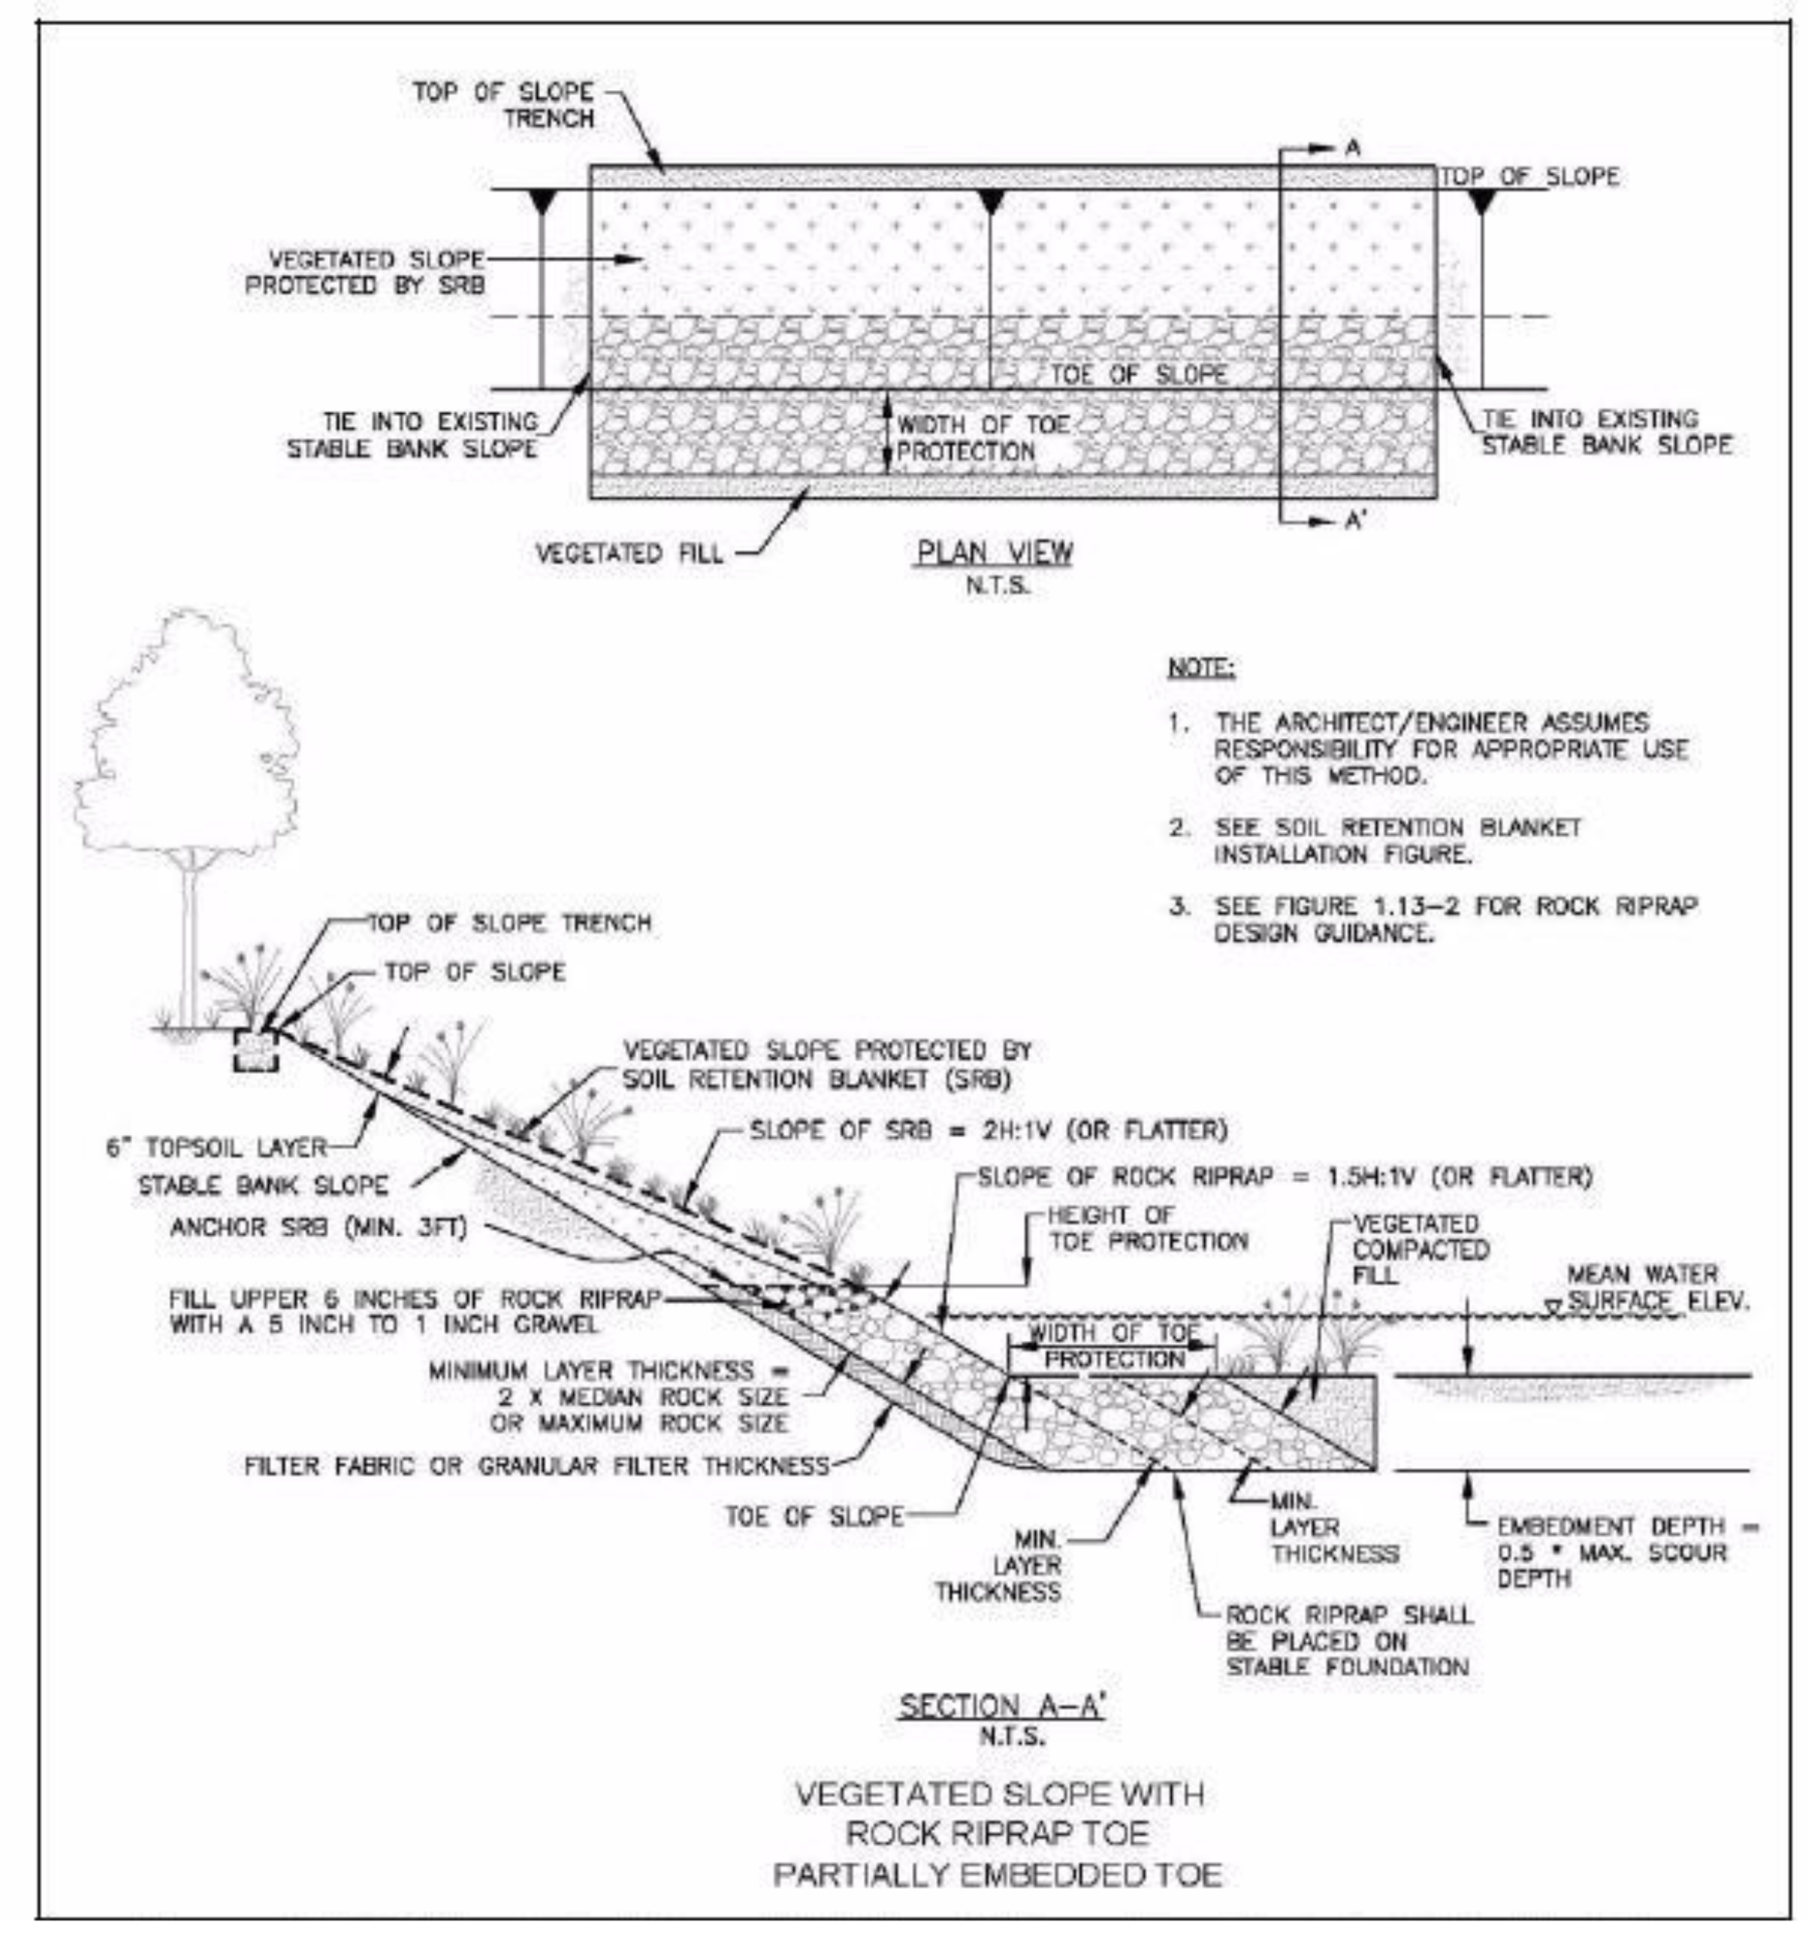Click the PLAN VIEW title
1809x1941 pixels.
coord(992,552)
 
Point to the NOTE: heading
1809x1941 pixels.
coord(1201,669)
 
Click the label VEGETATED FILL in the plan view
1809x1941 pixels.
coord(628,553)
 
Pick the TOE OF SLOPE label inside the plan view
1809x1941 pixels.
coord(1137,375)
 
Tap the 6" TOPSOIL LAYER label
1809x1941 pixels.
coord(216,1148)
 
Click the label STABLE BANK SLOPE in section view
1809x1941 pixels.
coord(262,1186)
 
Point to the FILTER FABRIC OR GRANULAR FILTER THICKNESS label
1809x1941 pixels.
coord(536,1465)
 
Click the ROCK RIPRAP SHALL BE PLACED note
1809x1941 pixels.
coord(1347,1641)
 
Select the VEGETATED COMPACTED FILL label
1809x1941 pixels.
coord(1420,1250)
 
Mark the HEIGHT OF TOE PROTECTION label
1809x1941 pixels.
coord(1147,1228)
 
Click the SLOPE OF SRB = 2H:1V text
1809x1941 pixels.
coord(987,1130)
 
